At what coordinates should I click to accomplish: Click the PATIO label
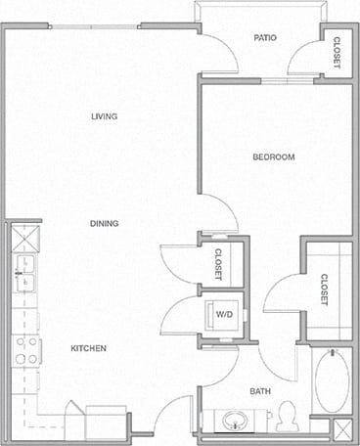click(x=265, y=38)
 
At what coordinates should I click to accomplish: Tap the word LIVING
click(x=105, y=116)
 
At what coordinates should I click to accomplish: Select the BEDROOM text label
click(x=274, y=156)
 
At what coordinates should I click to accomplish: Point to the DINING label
click(x=105, y=224)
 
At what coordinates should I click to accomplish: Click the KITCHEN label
click(x=88, y=348)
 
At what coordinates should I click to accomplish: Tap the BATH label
click(x=260, y=391)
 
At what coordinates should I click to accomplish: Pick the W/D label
click(x=224, y=315)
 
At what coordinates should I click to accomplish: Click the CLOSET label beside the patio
click(x=337, y=52)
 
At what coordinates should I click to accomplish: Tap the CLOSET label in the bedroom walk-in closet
click(x=324, y=288)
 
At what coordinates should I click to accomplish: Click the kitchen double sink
click(x=23, y=274)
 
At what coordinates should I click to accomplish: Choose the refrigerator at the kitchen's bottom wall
click(x=106, y=424)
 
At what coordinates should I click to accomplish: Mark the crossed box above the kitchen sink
click(x=24, y=236)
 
